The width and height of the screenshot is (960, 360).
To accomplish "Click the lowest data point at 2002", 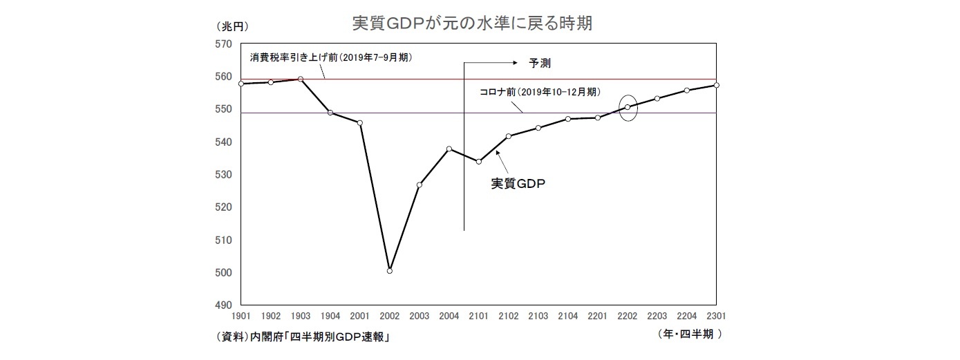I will (390, 271).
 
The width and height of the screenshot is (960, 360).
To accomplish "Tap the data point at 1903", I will (301, 79).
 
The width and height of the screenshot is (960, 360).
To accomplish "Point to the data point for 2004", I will (449, 149).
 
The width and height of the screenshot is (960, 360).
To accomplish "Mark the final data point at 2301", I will (717, 85).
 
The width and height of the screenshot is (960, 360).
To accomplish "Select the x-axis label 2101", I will (479, 316).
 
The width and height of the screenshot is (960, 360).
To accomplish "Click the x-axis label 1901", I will (241, 316).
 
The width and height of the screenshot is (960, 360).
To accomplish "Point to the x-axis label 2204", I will (687, 316).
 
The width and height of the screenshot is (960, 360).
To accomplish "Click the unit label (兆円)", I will (231, 27).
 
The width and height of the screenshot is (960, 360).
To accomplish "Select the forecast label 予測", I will (539, 62).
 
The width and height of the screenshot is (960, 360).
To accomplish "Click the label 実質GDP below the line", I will (514, 184).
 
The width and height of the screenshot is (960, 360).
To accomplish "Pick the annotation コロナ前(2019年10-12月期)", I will (539, 92).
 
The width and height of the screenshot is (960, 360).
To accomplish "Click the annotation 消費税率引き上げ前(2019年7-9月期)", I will (331, 57).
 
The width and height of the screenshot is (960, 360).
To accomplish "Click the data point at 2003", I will (420, 184).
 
